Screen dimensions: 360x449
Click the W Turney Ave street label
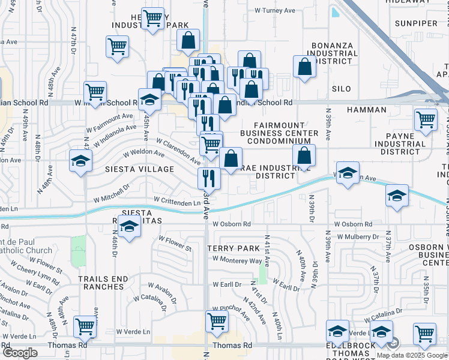pos(275,10)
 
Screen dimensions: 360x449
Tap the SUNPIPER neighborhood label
pos(417,23)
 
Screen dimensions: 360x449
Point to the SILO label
pos(341,88)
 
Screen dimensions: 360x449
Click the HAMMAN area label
pos(367,110)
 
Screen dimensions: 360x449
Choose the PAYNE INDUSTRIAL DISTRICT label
pos(400,144)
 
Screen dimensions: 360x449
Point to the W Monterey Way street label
pos(237,261)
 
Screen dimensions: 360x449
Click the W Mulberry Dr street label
pos(358,236)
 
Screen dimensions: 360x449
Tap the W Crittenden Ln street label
pos(177,203)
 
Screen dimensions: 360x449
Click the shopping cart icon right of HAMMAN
pos(426,119)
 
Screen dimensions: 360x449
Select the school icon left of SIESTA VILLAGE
pos(80,161)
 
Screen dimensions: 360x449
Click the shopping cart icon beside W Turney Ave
pos(153,18)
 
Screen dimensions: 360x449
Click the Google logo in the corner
pos(20,353)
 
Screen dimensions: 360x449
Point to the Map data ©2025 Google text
pos(412,355)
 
